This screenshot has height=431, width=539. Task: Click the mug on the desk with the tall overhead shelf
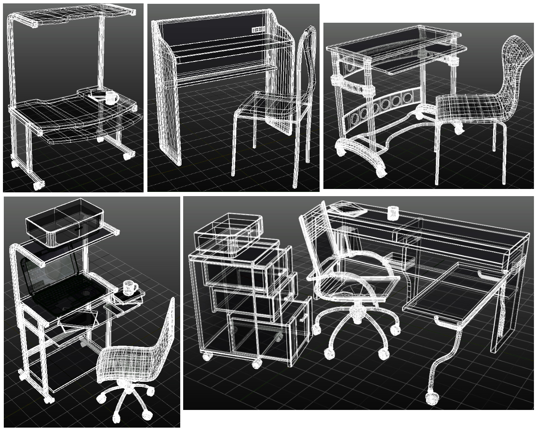coord(111,98)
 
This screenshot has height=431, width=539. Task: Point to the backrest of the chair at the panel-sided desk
coord(307,63)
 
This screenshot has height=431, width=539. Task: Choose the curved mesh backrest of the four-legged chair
coord(514,67)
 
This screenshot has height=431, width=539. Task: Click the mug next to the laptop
coord(130,287)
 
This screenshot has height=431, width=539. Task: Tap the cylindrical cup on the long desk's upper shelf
coord(392,213)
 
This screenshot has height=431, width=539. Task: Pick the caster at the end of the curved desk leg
coord(432,398)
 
